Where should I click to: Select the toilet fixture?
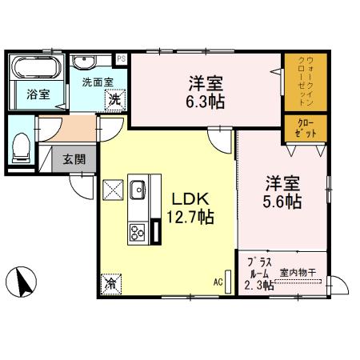[22, 146]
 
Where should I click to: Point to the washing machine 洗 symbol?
[115, 100]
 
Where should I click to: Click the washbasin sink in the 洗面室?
[84, 62]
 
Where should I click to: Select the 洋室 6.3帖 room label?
[205, 90]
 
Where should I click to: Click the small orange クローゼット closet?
[305, 129]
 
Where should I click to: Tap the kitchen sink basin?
[137, 190]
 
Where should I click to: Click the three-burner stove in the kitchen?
[137, 231]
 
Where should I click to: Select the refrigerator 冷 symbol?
[110, 283]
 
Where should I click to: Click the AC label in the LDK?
[218, 282]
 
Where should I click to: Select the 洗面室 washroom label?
[94, 81]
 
